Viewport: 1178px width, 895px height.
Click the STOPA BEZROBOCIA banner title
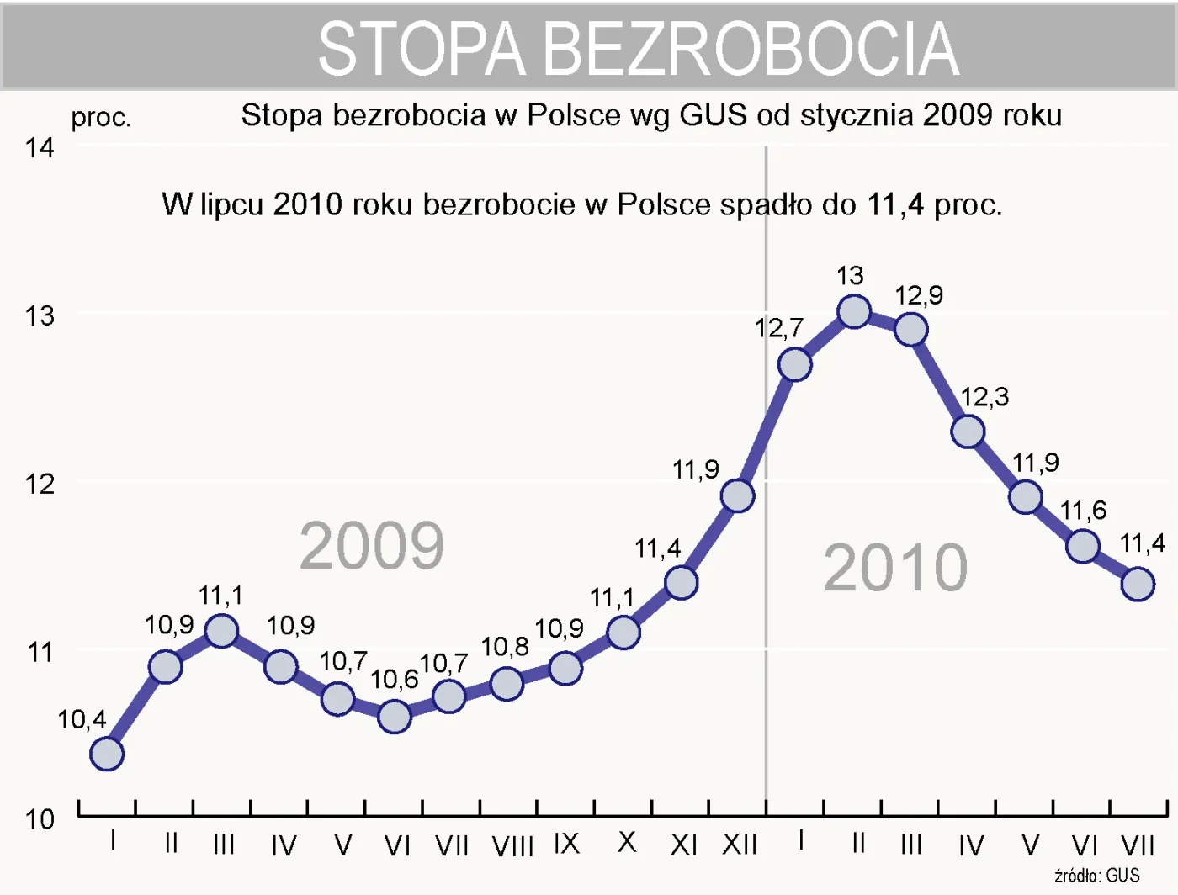point(639,49)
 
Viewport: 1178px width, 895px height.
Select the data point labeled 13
point(853,311)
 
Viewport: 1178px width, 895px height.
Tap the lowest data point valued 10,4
point(107,754)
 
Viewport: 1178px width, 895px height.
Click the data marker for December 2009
point(737,496)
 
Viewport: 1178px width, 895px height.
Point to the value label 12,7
point(778,328)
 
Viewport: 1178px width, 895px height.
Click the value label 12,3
point(984,397)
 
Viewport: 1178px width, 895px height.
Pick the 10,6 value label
point(394,679)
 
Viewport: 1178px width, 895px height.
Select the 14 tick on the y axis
point(39,148)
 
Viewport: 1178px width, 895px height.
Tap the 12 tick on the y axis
point(39,485)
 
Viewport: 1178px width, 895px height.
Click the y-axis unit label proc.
point(101,118)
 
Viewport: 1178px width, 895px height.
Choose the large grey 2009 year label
point(371,546)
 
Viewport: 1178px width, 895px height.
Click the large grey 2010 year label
point(895,568)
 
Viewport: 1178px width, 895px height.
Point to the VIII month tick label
point(512,845)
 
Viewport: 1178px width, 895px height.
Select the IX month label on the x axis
point(566,844)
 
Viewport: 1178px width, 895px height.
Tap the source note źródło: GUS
point(1096,876)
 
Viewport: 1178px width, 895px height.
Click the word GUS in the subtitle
point(713,115)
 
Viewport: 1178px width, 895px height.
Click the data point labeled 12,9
point(910,330)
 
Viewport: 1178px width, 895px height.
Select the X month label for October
point(627,843)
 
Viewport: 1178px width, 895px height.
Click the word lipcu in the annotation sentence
point(233,204)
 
